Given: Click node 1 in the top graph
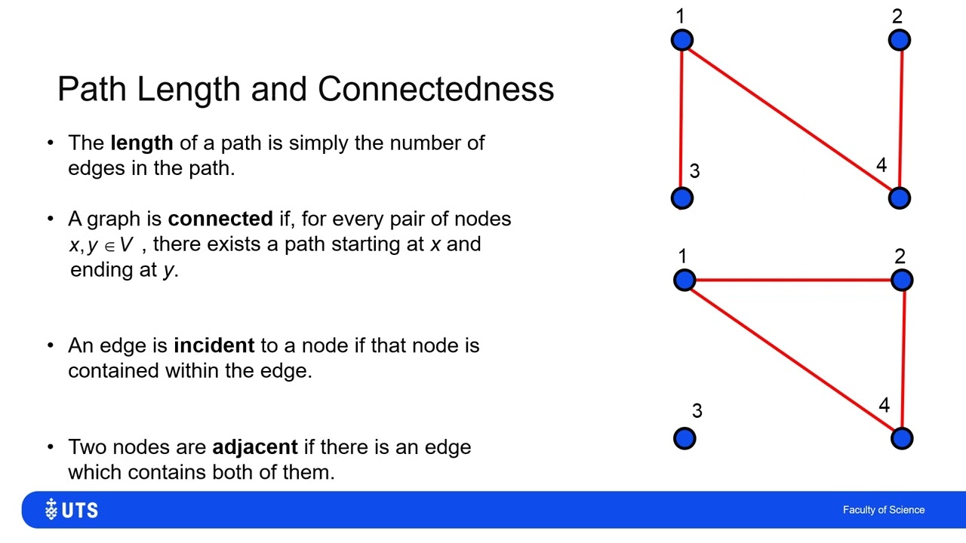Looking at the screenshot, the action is point(682,40).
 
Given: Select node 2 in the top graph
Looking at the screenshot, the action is point(900,40).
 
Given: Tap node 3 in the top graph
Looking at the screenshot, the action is point(682,198).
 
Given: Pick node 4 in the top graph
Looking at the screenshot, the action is point(900,198).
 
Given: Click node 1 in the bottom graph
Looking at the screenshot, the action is point(685,280).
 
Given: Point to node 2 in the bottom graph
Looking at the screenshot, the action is point(902,280).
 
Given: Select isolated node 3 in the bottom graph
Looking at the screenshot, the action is point(685,439).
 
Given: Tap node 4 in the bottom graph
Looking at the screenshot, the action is point(902,439).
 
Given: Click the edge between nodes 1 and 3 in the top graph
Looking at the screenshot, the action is point(681,119).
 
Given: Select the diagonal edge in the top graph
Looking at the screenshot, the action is point(791,119).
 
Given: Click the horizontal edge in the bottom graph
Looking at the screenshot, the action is point(793,280).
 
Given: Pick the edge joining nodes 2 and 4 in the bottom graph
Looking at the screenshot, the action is point(903,360).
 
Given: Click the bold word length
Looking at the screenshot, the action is point(142,143).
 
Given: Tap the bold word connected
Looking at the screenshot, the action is point(220,219).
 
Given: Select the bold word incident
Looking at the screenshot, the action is point(214,345).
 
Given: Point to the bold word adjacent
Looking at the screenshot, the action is point(255,447).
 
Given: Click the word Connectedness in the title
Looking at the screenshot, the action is point(435,89).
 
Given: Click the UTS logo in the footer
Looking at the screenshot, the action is point(72,509).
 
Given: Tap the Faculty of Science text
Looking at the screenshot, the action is point(884,510).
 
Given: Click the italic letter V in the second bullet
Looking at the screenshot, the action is point(126,244).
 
